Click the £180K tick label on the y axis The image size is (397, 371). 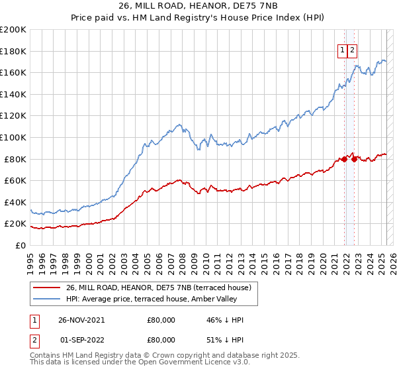pyautogui.click(x=13, y=51)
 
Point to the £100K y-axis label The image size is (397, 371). pyautogui.click(x=13, y=137)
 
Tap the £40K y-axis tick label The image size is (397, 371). pyautogui.click(x=15, y=202)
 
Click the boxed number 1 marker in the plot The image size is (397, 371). pyautogui.click(x=343, y=50)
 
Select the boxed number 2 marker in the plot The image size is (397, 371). pyautogui.click(x=353, y=50)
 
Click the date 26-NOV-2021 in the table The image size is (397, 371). pyautogui.click(x=81, y=320)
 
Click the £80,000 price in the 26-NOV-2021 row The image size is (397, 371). pyautogui.click(x=161, y=320)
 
